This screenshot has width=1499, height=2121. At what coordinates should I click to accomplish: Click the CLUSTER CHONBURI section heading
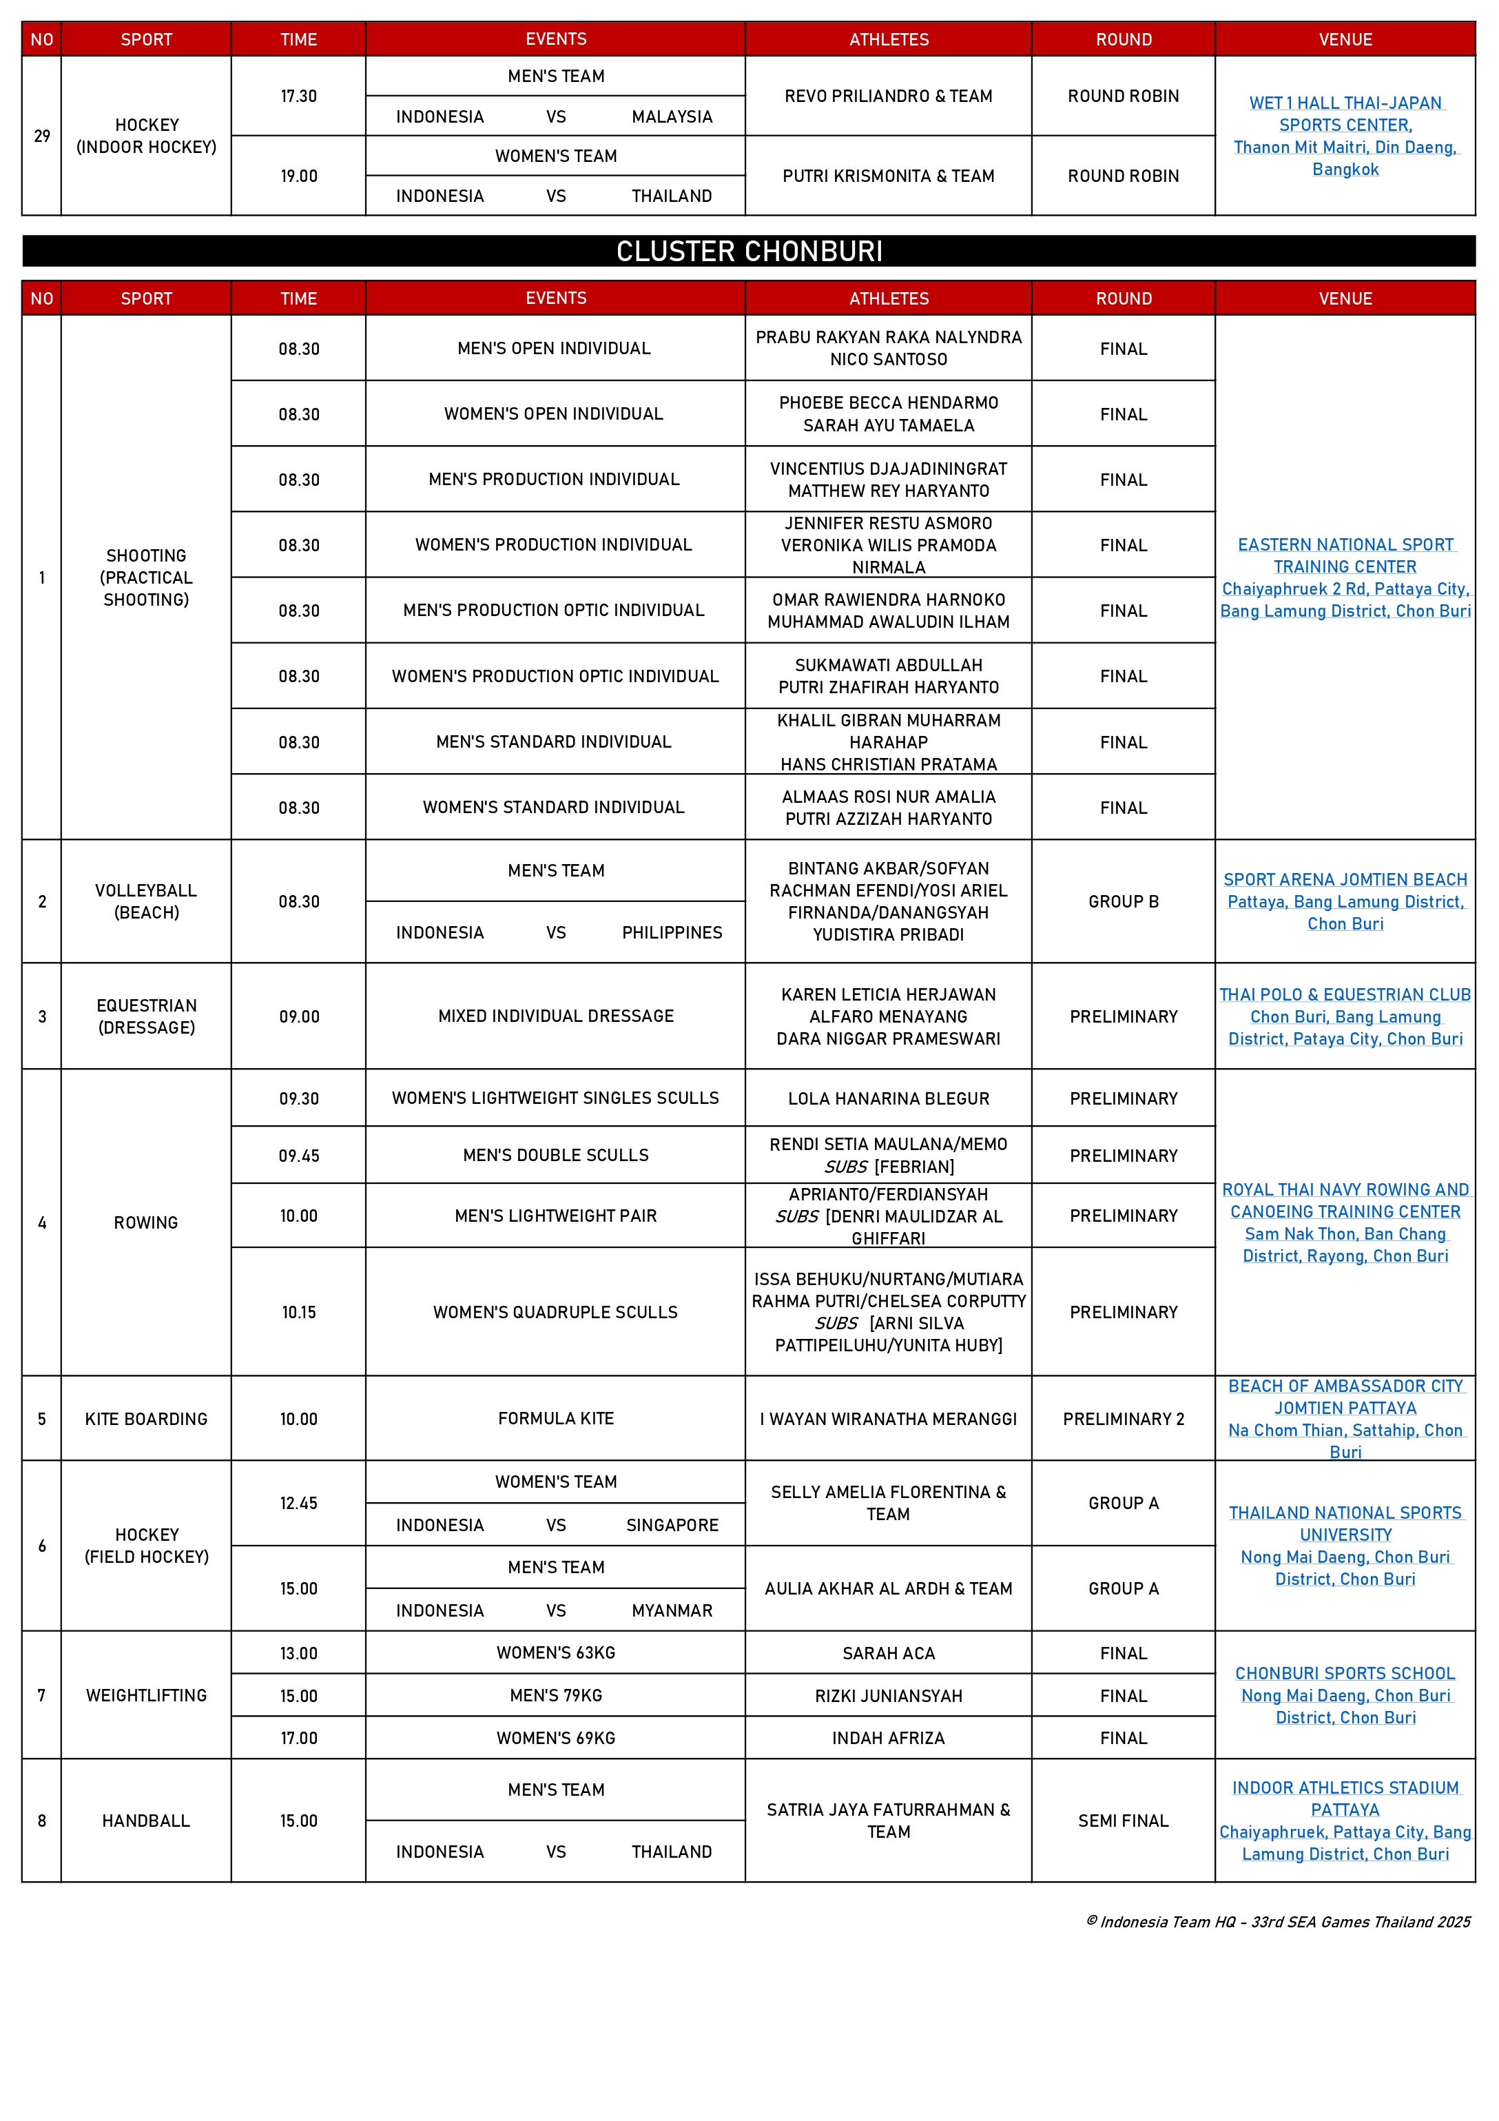(749, 252)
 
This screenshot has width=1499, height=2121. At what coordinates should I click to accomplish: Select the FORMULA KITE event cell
(555, 1418)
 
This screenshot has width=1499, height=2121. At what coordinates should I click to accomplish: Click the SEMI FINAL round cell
(1123, 1821)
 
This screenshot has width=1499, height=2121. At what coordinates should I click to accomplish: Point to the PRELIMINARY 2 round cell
(1123, 1419)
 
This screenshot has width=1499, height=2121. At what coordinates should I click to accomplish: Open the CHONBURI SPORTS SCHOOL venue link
(1345, 1674)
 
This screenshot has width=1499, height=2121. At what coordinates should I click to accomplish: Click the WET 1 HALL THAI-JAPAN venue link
(1345, 103)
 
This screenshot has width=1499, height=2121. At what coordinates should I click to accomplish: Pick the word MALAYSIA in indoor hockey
(672, 117)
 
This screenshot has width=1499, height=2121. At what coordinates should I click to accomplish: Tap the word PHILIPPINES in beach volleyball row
(672, 933)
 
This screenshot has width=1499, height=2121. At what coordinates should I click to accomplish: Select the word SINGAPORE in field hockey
(672, 1525)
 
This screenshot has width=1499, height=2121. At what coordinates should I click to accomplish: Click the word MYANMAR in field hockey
(672, 1611)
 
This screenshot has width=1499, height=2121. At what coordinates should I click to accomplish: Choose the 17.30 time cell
(298, 96)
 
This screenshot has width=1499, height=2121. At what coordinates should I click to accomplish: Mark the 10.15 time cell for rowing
(298, 1312)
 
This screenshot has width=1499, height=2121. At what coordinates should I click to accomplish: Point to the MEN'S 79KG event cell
(555, 1696)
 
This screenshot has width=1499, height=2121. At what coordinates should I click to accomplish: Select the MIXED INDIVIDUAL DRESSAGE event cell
(555, 1016)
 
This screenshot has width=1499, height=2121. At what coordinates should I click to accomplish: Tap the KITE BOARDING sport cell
(146, 1419)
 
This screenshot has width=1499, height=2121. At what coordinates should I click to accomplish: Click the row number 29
(41, 136)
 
